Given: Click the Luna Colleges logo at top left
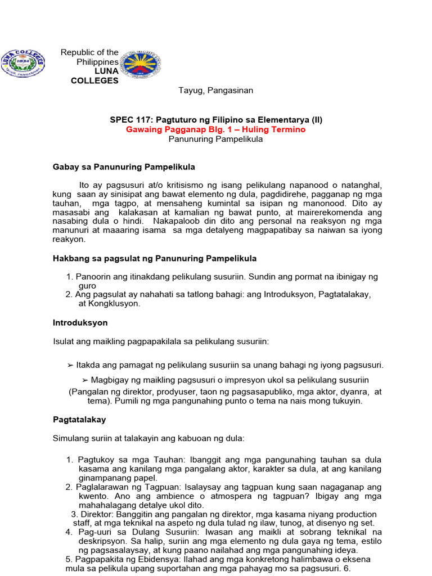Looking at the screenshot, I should click(23, 64).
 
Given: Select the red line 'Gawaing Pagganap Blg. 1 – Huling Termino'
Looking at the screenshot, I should click(216, 129).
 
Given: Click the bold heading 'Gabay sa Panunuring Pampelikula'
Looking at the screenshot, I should click(124, 167).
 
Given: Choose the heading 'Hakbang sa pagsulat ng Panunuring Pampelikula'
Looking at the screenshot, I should click(155, 258).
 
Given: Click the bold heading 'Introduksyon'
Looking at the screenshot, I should click(80, 323).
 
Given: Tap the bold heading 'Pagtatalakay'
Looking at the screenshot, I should click(79, 420).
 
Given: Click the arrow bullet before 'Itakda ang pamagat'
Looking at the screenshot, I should click(70, 365).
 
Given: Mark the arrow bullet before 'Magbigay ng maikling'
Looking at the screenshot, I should click(85, 380).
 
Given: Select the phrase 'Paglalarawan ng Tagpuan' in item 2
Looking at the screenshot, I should click(127, 487).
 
